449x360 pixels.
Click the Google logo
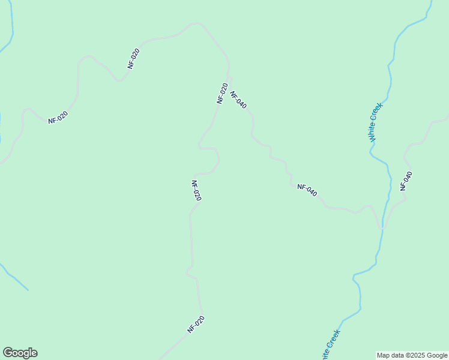tap(20, 353)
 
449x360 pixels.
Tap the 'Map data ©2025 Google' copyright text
tap(412, 355)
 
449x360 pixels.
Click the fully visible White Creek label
tap(376, 122)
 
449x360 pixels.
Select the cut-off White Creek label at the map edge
tap(331, 344)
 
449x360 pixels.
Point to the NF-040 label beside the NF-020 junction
tap(238, 99)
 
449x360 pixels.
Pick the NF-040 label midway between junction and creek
tap(307, 190)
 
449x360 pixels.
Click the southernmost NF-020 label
tap(196, 324)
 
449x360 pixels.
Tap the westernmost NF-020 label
tap(58, 117)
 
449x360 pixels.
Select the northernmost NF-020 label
tap(134, 58)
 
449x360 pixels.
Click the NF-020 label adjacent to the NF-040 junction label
tap(222, 94)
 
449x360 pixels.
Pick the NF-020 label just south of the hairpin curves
tap(196, 190)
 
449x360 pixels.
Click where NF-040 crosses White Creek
tap(381, 227)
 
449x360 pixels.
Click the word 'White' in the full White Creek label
tap(373, 132)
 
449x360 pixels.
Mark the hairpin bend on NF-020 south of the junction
tap(217, 160)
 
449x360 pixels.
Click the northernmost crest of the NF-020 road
tap(196, 23)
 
